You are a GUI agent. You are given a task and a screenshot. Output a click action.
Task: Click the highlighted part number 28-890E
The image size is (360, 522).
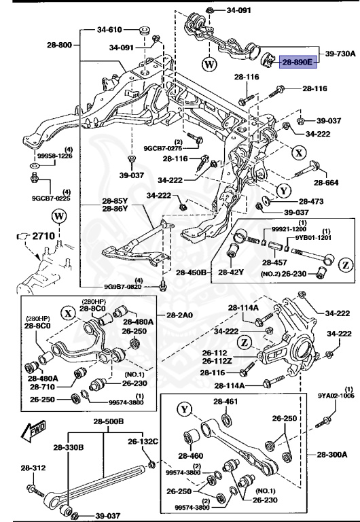click(298, 63)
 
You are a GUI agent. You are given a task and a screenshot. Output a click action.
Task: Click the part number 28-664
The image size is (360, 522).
click(326, 183)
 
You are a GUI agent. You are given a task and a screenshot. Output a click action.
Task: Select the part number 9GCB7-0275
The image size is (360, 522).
click(163, 148)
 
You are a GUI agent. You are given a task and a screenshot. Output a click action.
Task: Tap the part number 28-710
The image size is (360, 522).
click(43, 386)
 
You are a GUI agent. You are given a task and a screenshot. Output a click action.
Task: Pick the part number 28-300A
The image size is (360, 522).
click(331, 454)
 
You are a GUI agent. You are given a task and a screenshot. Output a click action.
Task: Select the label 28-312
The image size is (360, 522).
click(33, 468)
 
